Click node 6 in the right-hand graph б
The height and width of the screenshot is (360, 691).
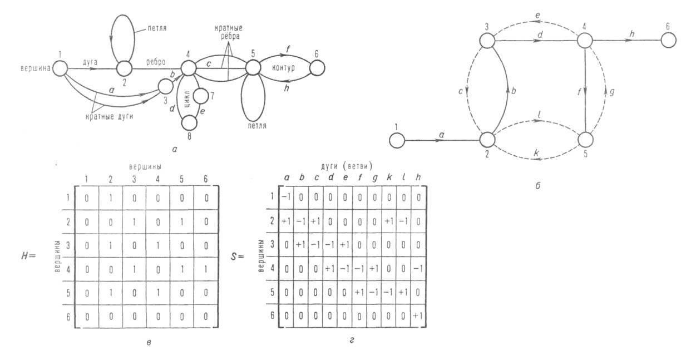click(x=669, y=41)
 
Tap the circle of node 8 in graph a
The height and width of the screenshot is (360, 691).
click(x=190, y=121)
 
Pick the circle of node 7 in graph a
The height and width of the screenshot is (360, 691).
click(x=200, y=96)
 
